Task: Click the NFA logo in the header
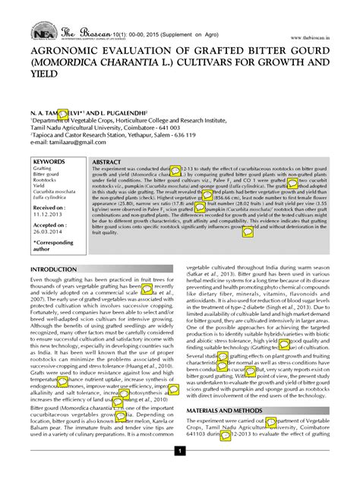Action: (x=43, y=33)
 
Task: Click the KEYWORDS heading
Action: (x=49, y=162)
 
